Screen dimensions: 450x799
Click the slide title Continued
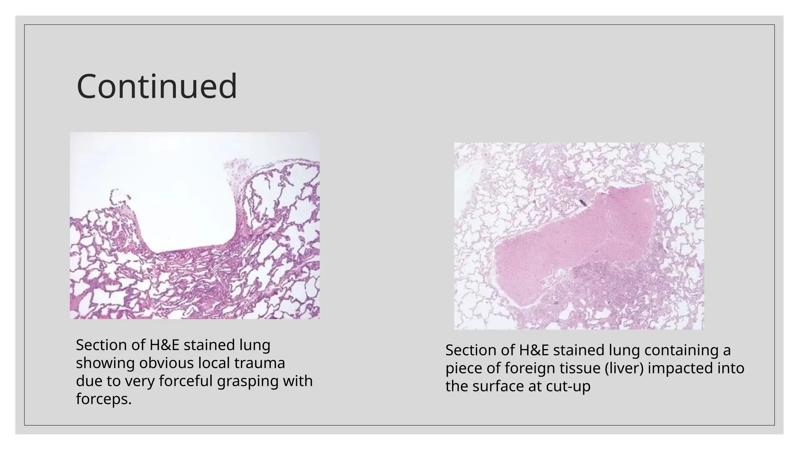pos(157,86)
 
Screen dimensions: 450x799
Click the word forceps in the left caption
pos(103,399)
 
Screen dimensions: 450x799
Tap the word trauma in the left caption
pos(259,363)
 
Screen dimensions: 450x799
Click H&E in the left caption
pos(164,345)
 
